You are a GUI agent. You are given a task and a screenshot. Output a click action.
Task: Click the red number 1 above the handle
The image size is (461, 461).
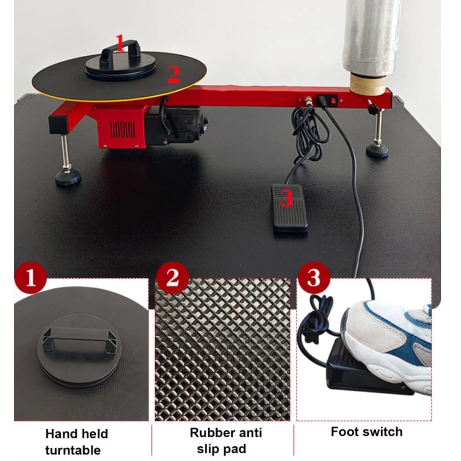[x=120, y=43]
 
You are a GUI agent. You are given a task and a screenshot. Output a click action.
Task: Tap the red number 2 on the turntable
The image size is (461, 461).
[x=174, y=75]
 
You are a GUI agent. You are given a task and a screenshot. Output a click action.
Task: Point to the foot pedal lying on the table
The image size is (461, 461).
[x=290, y=208]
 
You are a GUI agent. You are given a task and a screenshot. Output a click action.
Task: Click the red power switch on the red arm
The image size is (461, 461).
[x=333, y=100]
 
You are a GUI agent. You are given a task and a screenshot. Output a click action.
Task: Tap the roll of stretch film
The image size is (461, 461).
[x=372, y=38]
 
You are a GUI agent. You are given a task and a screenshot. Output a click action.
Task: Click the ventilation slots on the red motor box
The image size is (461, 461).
[x=123, y=131]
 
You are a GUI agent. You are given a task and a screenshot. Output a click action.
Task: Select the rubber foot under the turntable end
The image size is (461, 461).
[x=68, y=177]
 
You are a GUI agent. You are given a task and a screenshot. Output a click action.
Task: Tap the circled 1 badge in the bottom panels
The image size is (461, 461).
[x=30, y=278]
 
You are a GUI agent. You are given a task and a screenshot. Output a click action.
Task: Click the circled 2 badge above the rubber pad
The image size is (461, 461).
[x=172, y=277]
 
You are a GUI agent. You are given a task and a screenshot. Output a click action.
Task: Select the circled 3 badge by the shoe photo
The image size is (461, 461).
[x=314, y=277]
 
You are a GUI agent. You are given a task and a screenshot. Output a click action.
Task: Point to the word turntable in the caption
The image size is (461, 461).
[x=73, y=450]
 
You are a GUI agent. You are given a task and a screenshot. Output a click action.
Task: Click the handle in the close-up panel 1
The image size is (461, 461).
[x=79, y=338]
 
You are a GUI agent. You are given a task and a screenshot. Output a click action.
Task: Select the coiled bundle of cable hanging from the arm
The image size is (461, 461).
[x=309, y=129]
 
